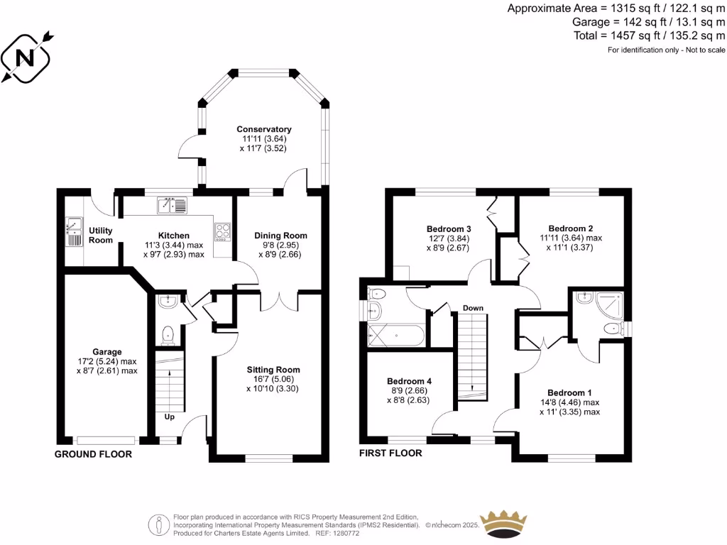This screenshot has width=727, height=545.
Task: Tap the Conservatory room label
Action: click(264, 129)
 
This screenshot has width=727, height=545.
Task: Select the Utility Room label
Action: click(101, 235)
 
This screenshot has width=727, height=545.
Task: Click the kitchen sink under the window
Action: click(173, 206)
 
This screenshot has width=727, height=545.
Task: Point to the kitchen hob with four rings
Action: click(223, 230)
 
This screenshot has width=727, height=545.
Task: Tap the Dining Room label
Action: click(282, 235)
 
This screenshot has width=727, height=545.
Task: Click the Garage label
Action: click(107, 351)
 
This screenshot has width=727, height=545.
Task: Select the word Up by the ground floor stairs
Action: click(170, 417)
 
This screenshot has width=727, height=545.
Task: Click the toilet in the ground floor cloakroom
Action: click(168, 333)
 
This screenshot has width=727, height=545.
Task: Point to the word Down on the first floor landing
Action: click(473, 308)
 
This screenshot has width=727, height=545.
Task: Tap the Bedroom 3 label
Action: click(449, 229)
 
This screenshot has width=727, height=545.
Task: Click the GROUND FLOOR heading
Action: click(93, 454)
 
